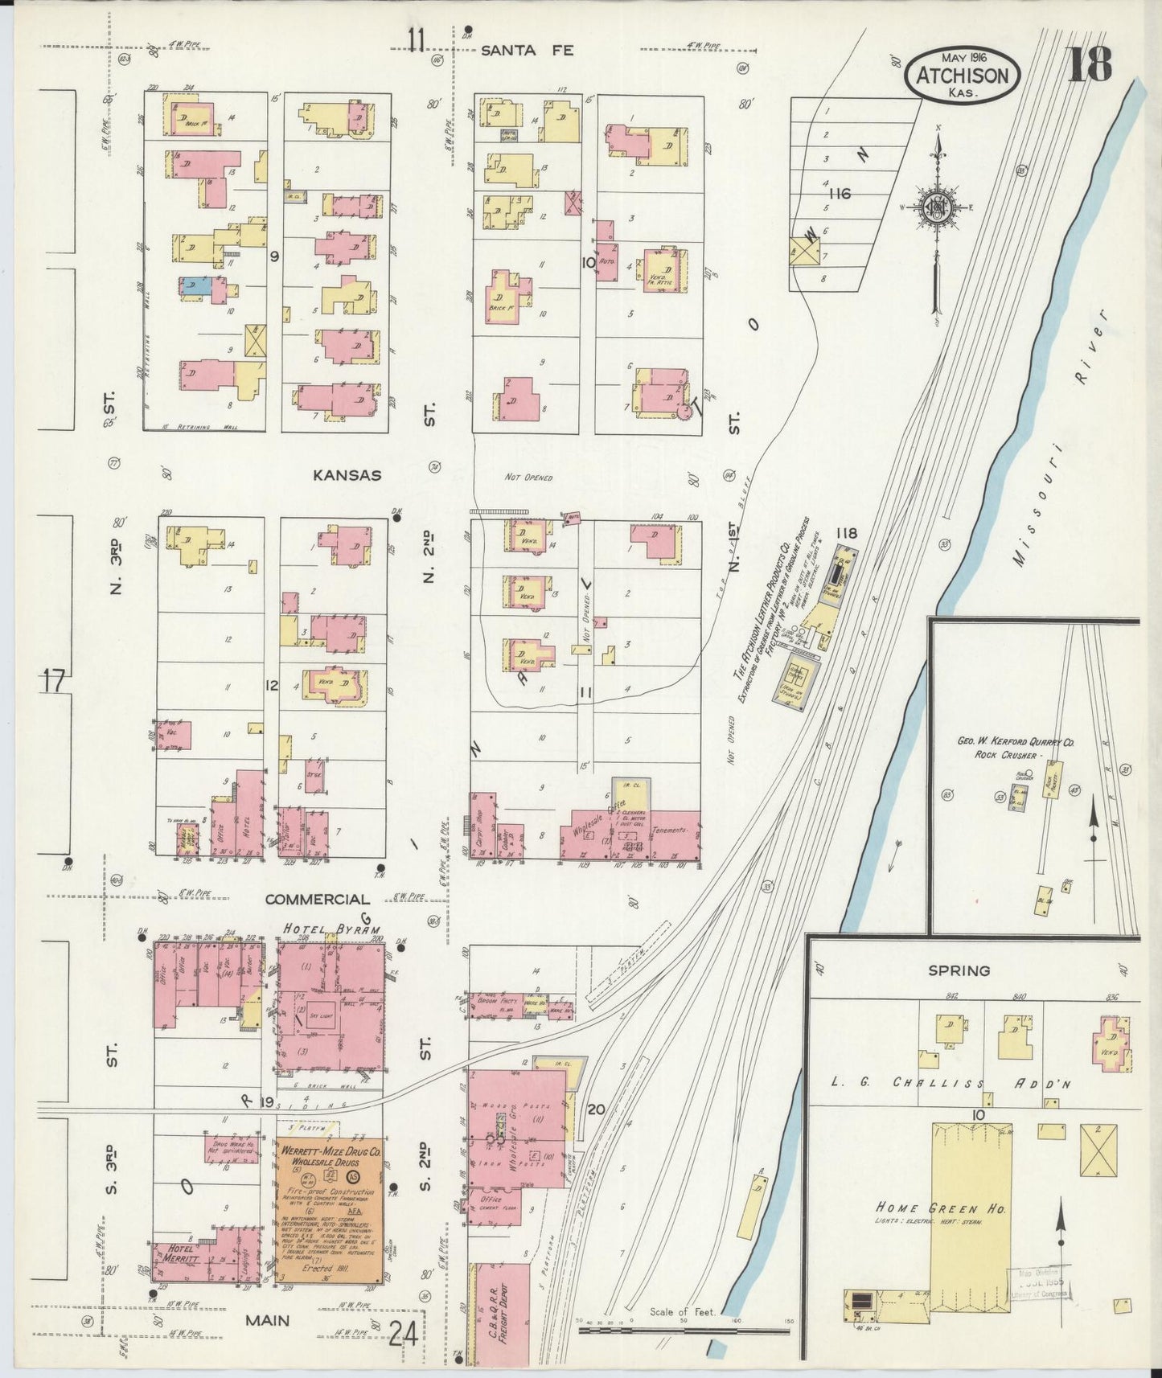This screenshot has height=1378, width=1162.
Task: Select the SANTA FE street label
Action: point(527,50)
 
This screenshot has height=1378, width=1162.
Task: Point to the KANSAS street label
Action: point(347,475)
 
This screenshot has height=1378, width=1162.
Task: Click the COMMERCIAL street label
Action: point(318,899)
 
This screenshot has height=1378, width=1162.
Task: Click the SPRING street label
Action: point(959,970)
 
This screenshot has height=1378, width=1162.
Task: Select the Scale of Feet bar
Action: point(685,1331)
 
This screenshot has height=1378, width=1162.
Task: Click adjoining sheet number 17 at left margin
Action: point(54,682)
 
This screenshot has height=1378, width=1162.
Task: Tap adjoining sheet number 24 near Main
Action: point(402,1335)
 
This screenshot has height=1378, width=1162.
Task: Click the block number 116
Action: point(840,194)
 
